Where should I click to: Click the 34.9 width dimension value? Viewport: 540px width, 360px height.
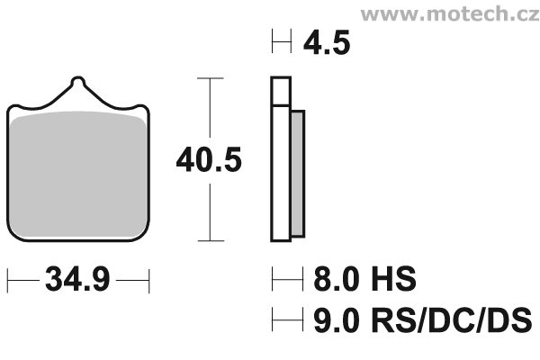(x=77, y=279)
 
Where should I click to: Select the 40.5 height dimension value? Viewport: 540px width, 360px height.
(x=209, y=160)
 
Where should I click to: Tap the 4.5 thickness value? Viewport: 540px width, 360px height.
(x=327, y=42)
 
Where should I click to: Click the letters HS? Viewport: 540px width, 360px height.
(x=393, y=279)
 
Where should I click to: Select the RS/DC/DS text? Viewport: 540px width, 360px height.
(x=451, y=320)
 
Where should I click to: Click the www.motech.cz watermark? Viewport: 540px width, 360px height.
(x=450, y=13)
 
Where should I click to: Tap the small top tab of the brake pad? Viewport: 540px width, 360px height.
(x=77, y=81)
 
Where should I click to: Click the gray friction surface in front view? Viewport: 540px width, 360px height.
(x=77, y=175)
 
